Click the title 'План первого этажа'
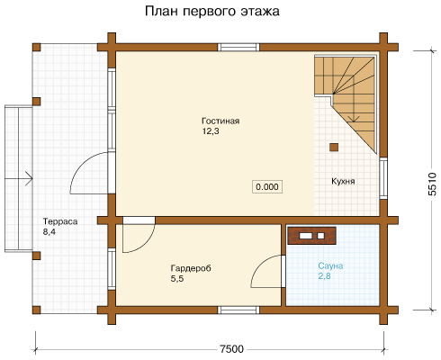(212, 12)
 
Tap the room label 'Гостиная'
(220, 121)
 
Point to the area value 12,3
(211, 131)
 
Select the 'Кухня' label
(343, 181)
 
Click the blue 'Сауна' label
(330, 265)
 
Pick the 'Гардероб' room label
(191, 268)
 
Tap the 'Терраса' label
(60, 221)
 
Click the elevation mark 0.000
(267, 186)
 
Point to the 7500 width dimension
(231, 349)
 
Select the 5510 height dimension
(432, 184)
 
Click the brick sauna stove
(311, 236)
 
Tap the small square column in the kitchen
(334, 148)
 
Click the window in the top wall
(238, 48)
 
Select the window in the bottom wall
(238, 310)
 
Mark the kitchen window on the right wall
(383, 178)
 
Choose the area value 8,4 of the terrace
(49, 232)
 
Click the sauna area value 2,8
(324, 276)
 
